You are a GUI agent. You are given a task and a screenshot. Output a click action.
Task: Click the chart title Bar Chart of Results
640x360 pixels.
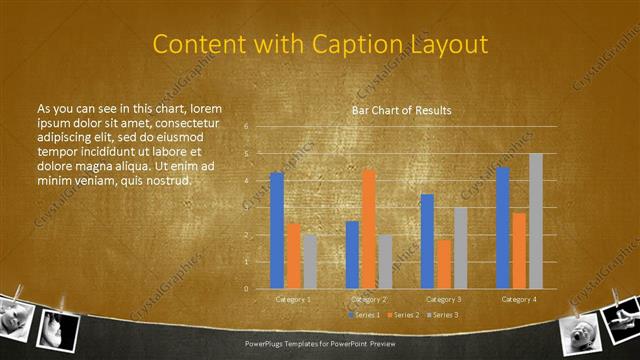[400, 110]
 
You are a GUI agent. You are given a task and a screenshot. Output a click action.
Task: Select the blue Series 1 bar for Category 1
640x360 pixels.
[277, 230]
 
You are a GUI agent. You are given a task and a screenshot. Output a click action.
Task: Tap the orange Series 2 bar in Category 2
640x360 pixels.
[369, 229]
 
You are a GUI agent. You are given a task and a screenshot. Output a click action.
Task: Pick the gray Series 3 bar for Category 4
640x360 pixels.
[536, 221]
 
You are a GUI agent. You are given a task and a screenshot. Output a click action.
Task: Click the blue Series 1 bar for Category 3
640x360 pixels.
[427, 241]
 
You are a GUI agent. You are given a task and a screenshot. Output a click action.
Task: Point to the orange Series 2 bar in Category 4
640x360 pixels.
[519, 250]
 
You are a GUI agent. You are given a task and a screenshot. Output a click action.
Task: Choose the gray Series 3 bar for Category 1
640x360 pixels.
[310, 261]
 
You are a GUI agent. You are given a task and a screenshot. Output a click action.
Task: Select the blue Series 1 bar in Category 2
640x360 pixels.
[352, 254]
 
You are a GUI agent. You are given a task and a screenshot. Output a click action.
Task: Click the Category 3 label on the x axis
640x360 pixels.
[443, 299]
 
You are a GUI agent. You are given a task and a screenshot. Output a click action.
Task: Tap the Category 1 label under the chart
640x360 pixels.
[293, 299]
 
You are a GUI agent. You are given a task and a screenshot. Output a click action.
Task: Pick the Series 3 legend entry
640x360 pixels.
[443, 315]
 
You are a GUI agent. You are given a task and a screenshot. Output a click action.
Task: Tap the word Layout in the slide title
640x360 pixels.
[451, 45]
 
